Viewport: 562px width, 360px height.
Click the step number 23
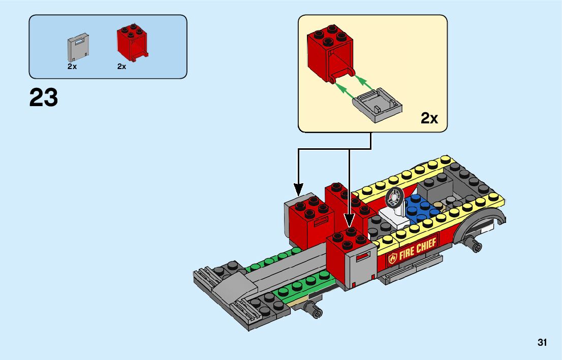(x=43, y=97)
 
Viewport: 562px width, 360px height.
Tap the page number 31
(x=542, y=342)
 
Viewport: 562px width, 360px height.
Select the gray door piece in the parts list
(x=78, y=48)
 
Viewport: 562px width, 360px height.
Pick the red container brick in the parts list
(x=132, y=43)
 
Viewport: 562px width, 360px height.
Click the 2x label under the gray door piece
(x=72, y=67)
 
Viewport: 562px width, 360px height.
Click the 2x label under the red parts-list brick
(x=121, y=67)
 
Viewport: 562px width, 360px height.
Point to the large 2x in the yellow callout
(x=429, y=118)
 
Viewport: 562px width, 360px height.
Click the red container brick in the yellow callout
(x=331, y=53)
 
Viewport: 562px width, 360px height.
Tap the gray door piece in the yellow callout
(x=377, y=105)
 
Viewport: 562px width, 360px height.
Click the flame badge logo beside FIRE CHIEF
(x=393, y=257)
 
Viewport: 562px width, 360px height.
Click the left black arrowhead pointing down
(x=298, y=189)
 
